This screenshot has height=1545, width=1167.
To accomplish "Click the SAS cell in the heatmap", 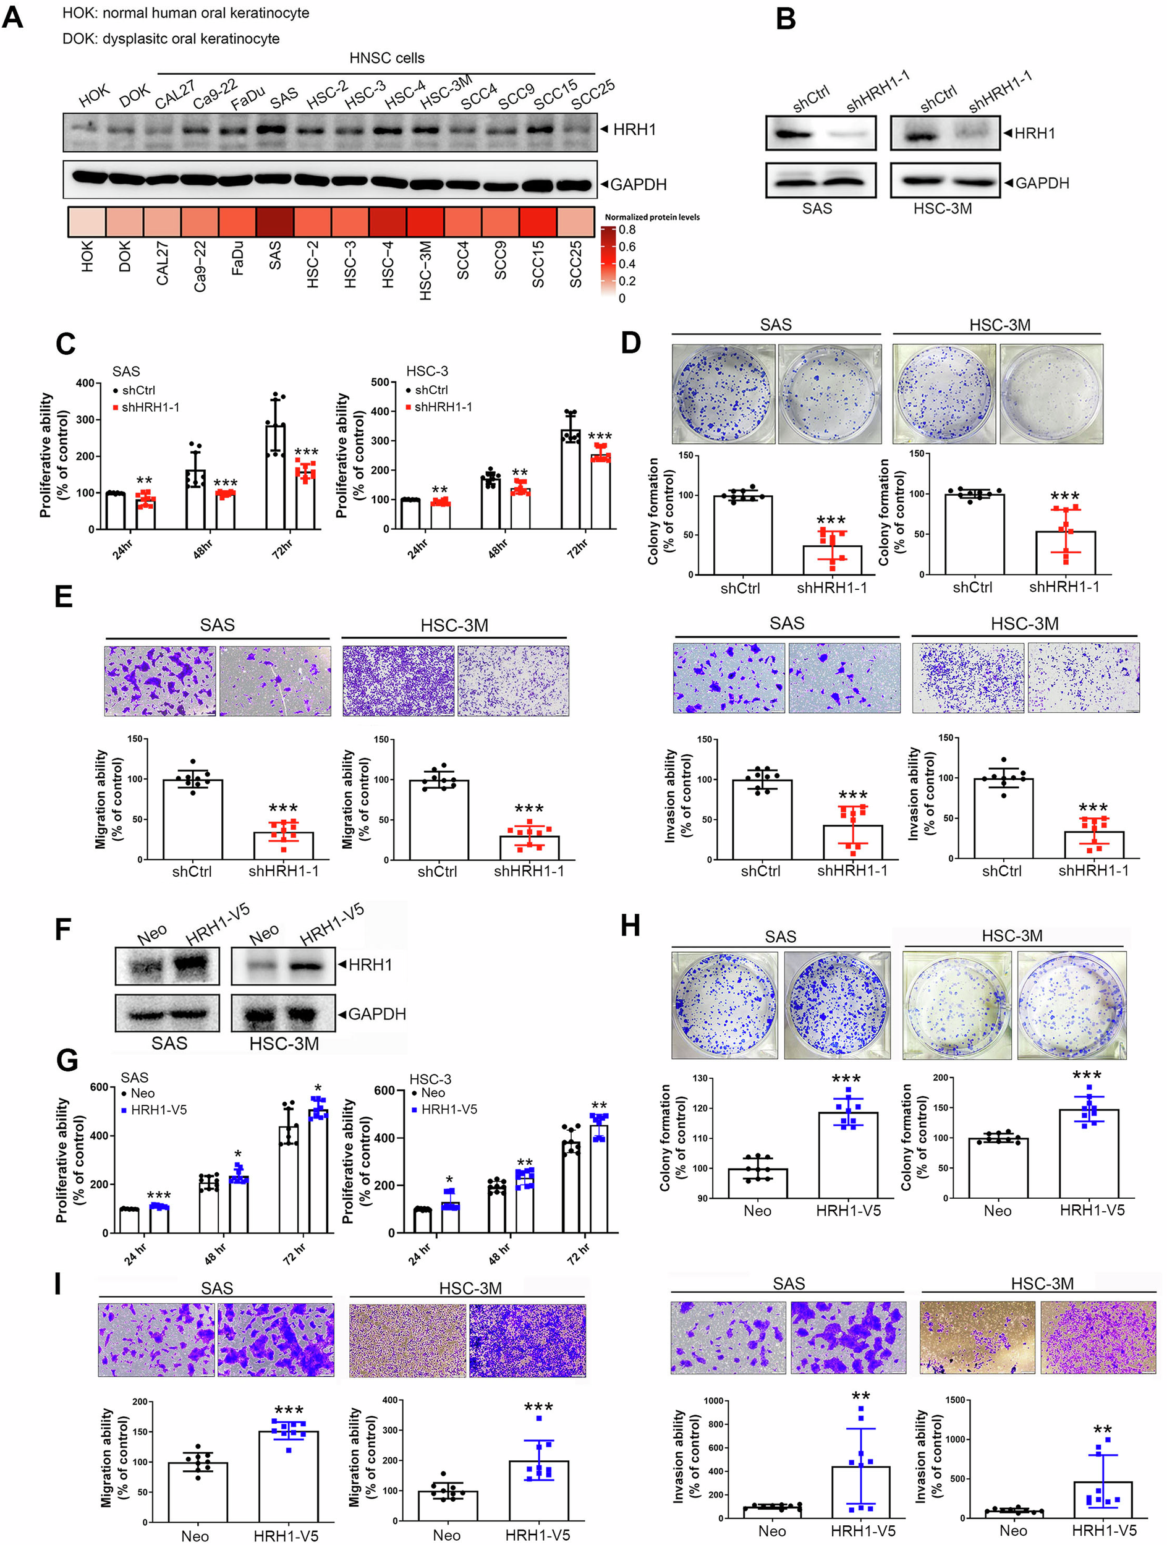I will tap(274, 222).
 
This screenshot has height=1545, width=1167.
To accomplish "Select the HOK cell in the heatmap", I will tap(87, 222).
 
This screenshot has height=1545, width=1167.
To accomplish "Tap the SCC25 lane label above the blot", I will tap(592, 95).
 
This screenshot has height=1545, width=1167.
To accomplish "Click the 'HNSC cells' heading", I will tap(386, 58).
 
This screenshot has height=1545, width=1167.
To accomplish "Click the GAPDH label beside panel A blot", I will tap(638, 184).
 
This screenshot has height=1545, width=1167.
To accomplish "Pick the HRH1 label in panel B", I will tap(1033, 133).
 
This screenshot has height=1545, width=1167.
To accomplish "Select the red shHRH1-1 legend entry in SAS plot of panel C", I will tap(150, 407).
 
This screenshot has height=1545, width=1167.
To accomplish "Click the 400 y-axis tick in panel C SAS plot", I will tap(85, 383).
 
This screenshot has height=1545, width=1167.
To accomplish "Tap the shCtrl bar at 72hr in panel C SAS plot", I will tap(275, 475).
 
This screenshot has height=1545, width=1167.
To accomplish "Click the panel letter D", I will tap(630, 343).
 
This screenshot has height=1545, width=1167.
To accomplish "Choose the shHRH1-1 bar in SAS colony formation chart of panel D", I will tap(832, 560).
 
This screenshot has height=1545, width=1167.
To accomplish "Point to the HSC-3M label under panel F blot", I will tap(284, 1044).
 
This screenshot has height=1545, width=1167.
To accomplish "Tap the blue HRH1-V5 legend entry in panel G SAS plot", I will tap(158, 1110).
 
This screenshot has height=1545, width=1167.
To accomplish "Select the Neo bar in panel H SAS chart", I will tap(757, 1183).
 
